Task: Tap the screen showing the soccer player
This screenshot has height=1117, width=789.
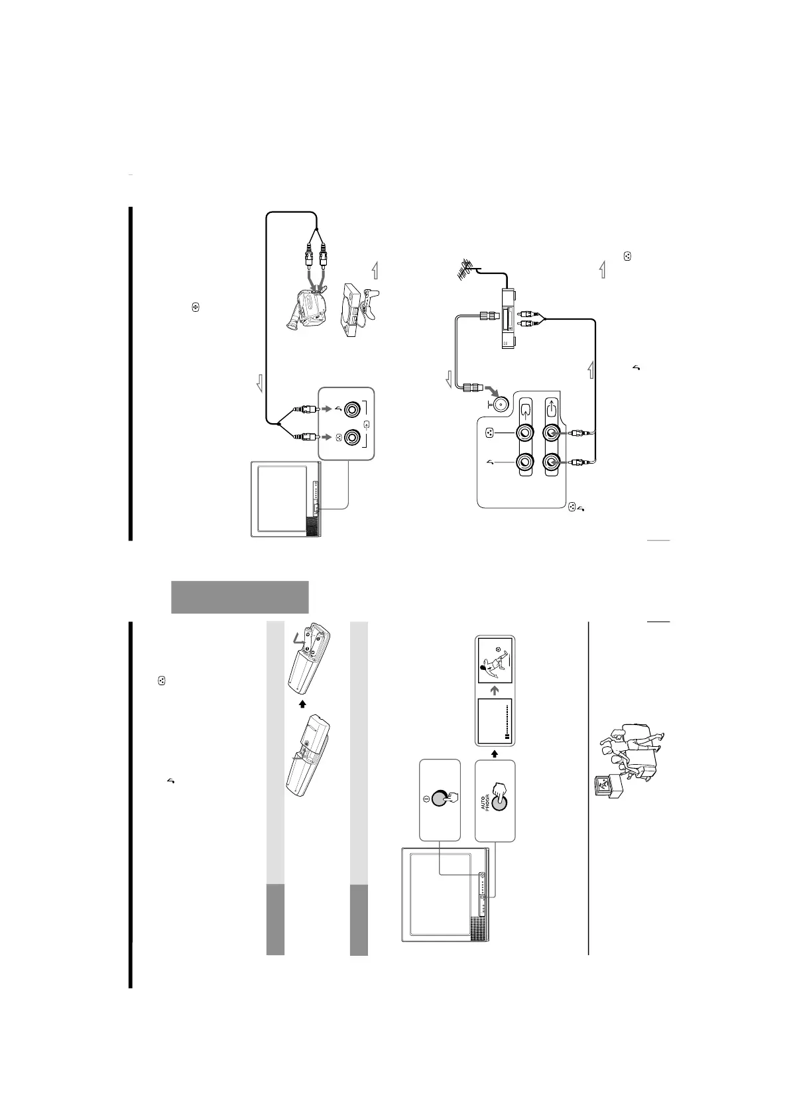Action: click(495, 663)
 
